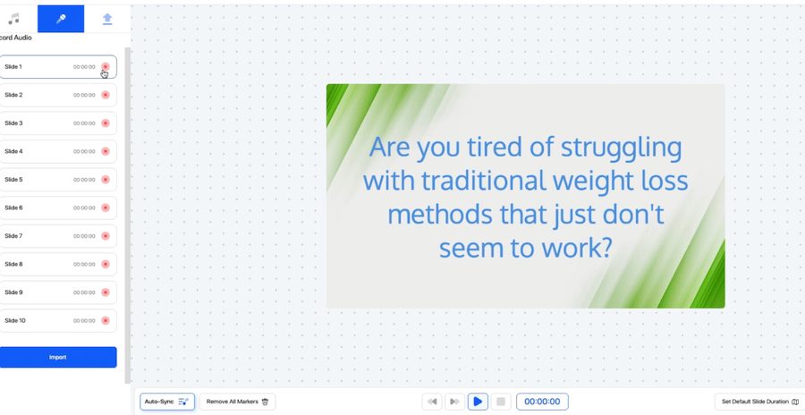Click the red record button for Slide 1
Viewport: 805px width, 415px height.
click(x=106, y=67)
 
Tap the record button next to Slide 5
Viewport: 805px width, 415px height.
click(x=106, y=180)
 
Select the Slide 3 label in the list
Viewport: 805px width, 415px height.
click(x=13, y=123)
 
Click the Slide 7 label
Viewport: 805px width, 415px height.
click(x=13, y=236)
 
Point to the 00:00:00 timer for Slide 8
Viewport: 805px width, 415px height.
click(x=84, y=265)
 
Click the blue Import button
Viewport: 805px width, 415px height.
click(x=57, y=357)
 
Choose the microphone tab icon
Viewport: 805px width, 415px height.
click(x=61, y=19)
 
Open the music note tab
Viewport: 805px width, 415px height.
click(x=13, y=19)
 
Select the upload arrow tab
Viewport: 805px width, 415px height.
click(x=107, y=19)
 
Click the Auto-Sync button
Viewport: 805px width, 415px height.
click(x=167, y=402)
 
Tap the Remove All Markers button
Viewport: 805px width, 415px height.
click(x=238, y=402)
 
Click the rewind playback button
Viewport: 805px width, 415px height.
click(x=432, y=402)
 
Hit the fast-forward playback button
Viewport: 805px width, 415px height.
click(x=454, y=402)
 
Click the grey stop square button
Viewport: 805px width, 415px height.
click(x=501, y=402)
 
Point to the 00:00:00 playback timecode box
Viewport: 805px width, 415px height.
click(x=542, y=402)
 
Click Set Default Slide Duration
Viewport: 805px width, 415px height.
click(x=759, y=402)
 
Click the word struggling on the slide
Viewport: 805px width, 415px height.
click(x=622, y=148)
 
